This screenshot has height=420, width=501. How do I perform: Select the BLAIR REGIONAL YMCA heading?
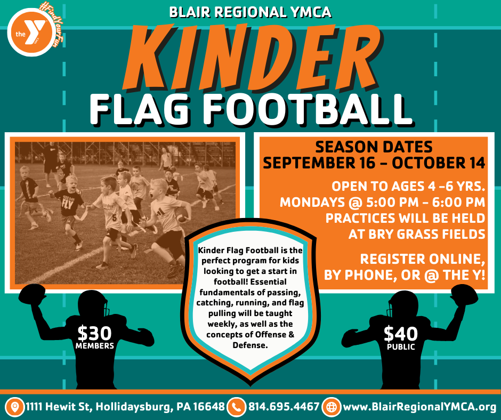point(250,12)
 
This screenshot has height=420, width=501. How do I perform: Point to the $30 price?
point(94,333)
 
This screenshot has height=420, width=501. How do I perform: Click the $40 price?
point(401,334)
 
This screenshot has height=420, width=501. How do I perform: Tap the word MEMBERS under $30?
point(94,345)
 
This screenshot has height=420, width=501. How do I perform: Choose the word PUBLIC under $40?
point(401,346)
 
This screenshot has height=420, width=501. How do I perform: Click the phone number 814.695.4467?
point(284,407)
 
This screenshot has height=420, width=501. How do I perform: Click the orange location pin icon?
point(15,407)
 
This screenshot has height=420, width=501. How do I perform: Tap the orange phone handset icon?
point(236,407)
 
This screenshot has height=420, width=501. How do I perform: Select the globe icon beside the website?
point(331,407)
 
